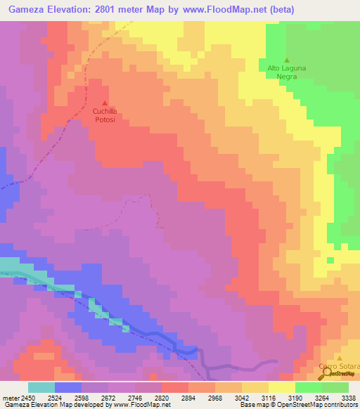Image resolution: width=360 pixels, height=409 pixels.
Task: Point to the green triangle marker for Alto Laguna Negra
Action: pos(286,60)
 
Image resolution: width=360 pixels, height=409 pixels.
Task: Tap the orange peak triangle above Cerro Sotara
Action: pos(339,358)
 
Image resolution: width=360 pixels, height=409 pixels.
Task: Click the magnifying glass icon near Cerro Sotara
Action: pos(324,375)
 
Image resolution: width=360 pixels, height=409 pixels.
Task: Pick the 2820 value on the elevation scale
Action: pos(162,398)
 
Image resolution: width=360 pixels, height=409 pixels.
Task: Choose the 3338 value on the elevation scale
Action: pos(348,398)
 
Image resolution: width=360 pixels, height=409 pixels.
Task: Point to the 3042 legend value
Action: pos(242,398)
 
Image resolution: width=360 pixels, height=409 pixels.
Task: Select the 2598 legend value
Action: pos(82,398)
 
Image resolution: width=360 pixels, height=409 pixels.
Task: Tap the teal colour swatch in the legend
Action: pos(41,387)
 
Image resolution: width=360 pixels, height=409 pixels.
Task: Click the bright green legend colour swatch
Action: pos(309,387)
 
